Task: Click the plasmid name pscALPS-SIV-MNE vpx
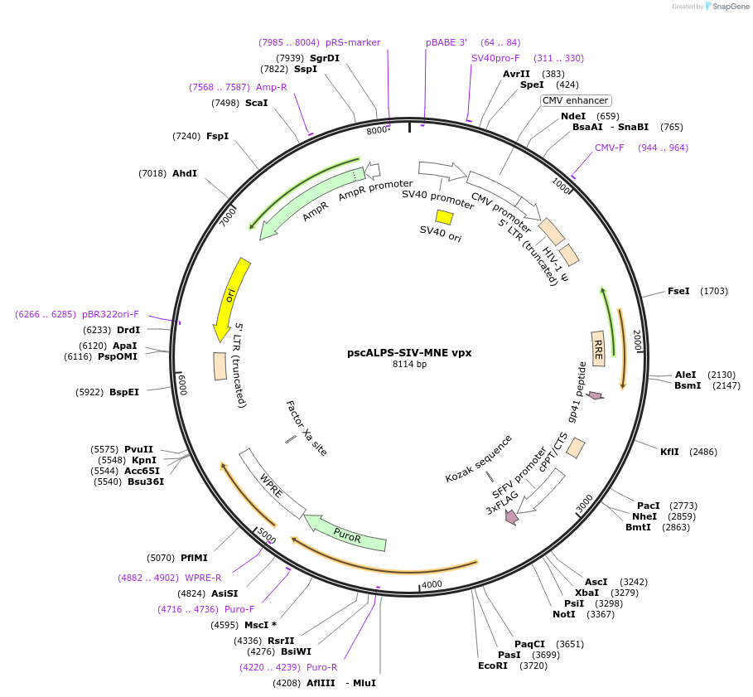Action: pos(409,352)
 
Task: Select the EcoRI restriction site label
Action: pos(492,666)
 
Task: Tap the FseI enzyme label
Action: pos(678,291)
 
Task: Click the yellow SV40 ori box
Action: pos(444,217)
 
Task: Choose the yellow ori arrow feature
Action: pos(230,298)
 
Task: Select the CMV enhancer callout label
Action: pos(575,100)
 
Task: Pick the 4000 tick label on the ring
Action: pos(432,585)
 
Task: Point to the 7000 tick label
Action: pos(229,217)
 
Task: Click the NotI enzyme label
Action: pos(564,614)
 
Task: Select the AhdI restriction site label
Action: pos(185,173)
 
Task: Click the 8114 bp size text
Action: pos(409,364)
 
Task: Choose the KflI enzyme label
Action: pos(669,452)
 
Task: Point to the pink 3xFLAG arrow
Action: pos(511,516)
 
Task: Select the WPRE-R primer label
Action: pos(203,578)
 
